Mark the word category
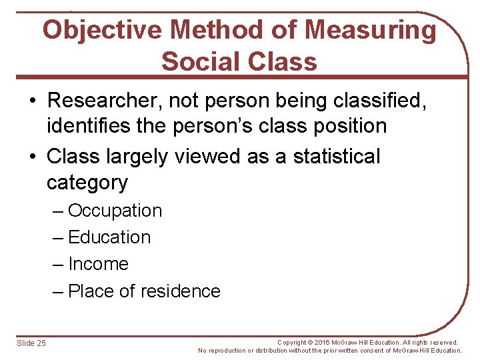click(87, 182)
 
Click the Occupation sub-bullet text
click(115, 211)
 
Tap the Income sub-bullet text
click(98, 264)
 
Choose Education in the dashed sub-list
click(109, 237)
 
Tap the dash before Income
click(58, 264)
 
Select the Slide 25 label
click(31, 343)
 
